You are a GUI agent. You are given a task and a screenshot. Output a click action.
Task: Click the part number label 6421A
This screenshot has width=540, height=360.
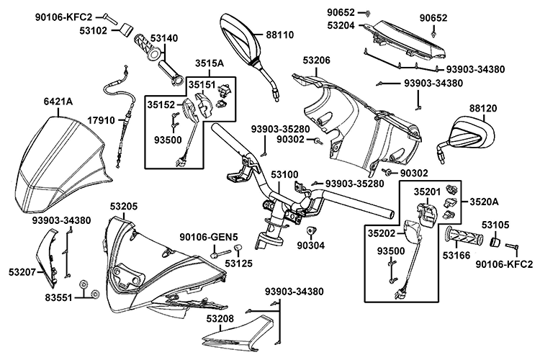pos(58,102)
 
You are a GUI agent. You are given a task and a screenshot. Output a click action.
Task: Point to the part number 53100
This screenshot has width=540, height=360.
pos(284,175)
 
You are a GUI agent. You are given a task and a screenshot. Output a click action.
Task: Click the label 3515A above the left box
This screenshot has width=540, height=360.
pos(209,64)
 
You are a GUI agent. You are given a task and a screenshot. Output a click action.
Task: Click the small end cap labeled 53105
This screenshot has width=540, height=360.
pos(496,243)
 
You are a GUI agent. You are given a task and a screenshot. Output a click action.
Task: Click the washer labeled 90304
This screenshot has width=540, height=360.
pos(312,231)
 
